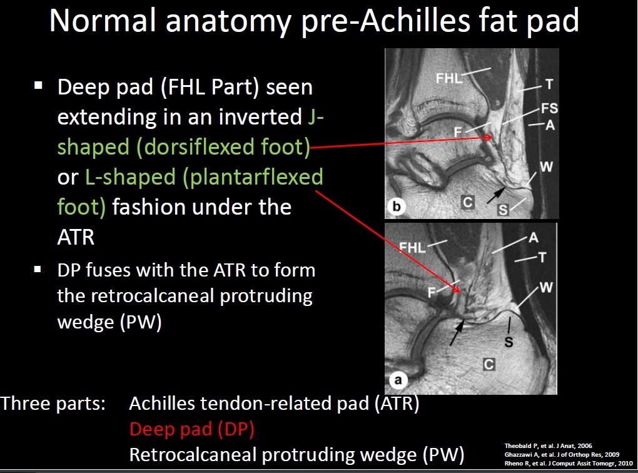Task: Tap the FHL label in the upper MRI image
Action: click(449, 78)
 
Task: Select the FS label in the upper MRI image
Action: click(549, 108)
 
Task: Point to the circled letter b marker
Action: click(397, 206)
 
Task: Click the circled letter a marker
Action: click(398, 380)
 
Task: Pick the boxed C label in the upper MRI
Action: click(468, 202)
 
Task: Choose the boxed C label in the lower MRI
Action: click(489, 364)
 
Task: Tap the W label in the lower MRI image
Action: click(546, 288)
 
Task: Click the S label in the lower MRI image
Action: click(509, 342)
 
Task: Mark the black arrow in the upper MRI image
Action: click(496, 195)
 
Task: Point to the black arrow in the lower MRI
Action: click(457, 333)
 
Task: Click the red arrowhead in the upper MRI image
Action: click(489, 137)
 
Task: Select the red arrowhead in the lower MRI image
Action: click(457, 288)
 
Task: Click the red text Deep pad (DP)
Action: click(192, 429)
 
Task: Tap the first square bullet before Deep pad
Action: click(39, 85)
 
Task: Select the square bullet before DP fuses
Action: click(38, 269)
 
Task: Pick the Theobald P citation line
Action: click(548, 445)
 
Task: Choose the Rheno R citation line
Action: click(569, 463)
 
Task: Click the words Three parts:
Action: click(53, 404)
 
